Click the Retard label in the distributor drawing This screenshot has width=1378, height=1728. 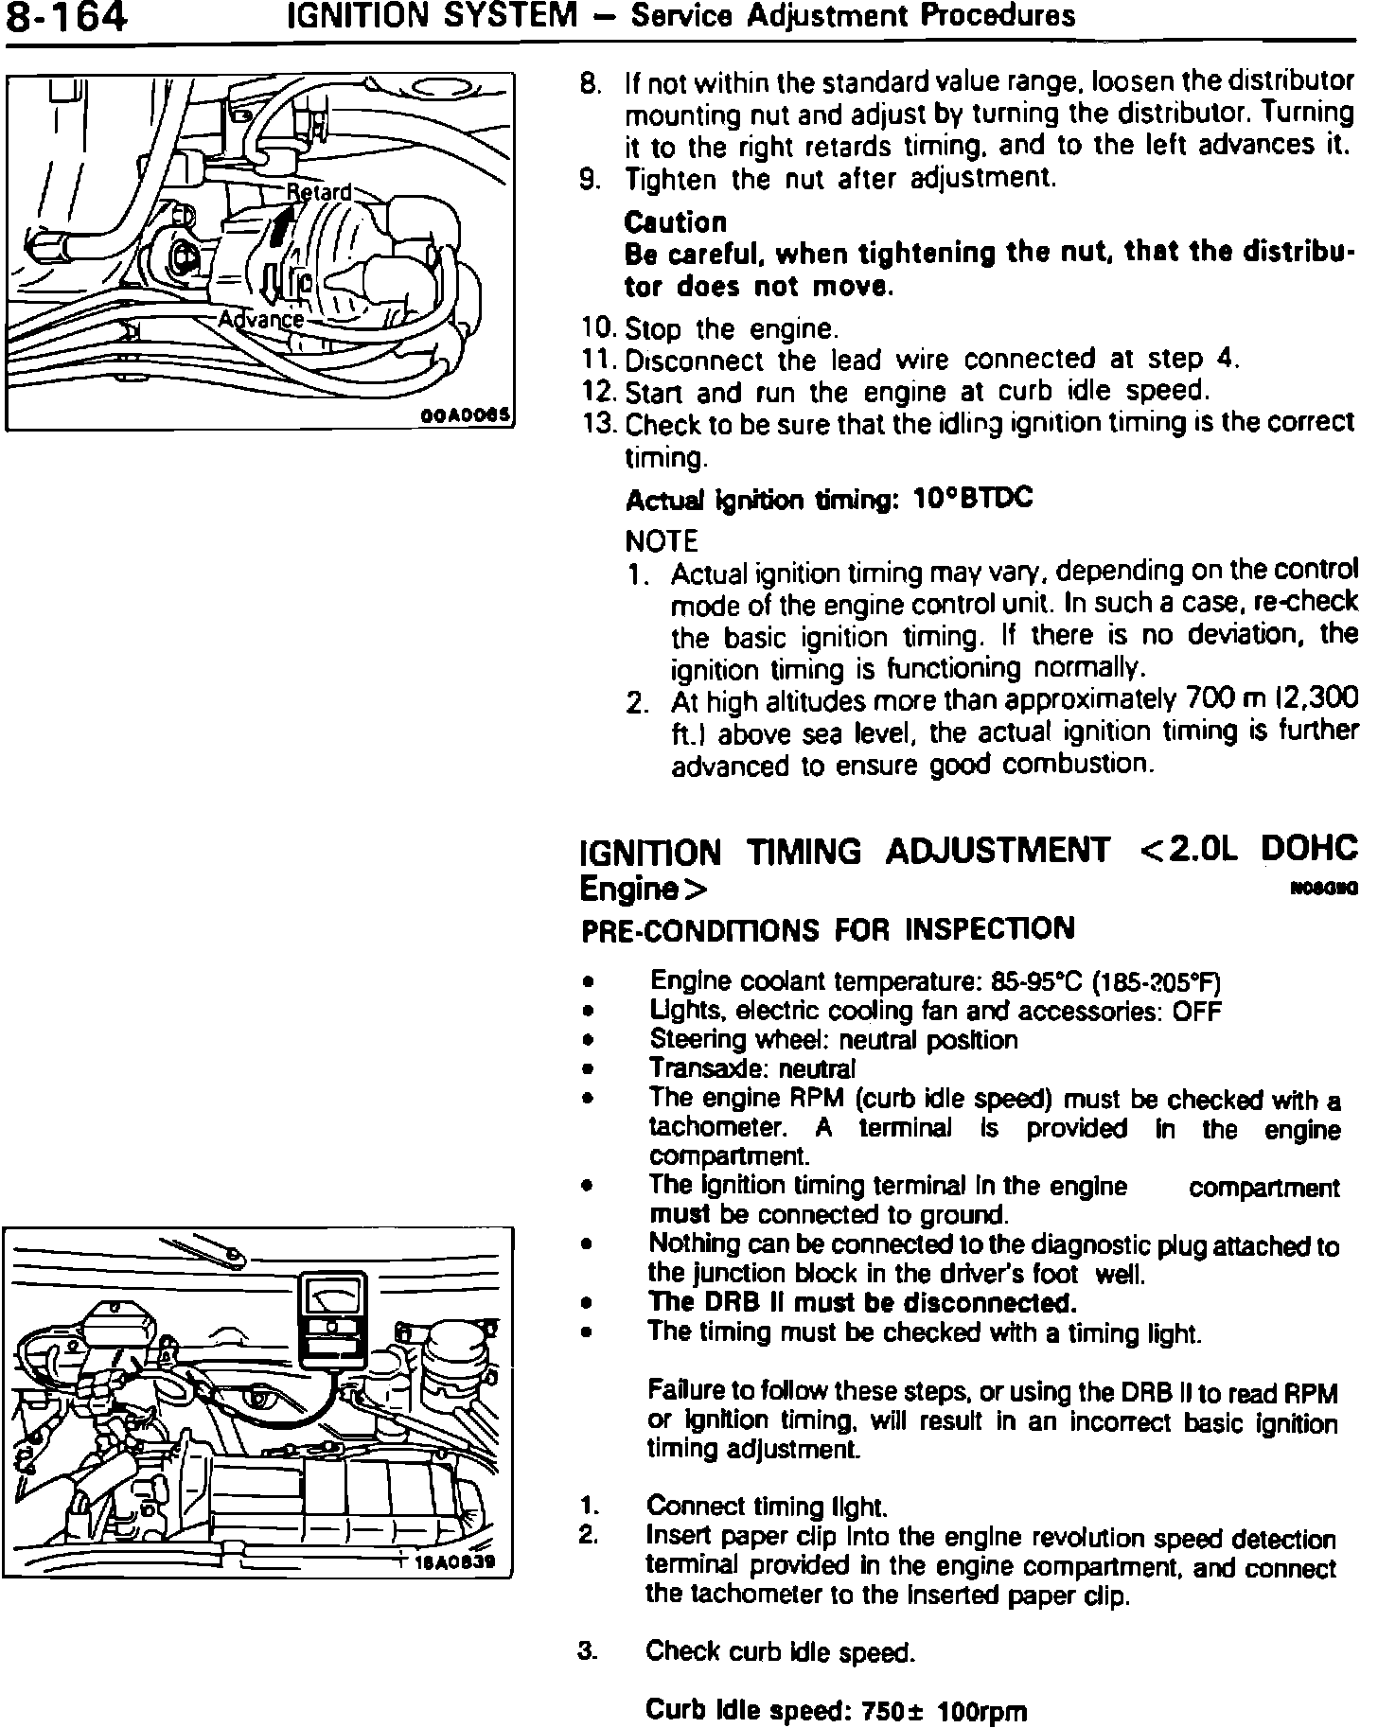tap(319, 192)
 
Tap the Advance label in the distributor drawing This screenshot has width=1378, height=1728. tap(261, 320)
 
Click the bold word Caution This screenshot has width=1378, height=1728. tap(676, 222)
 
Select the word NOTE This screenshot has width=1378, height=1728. tap(662, 541)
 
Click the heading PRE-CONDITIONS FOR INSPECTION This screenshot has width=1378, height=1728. tap(827, 929)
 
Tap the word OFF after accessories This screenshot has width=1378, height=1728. tap(1197, 1011)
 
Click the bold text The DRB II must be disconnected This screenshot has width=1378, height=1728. tap(863, 1303)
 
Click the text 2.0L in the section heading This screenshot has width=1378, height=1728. tap(1202, 849)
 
